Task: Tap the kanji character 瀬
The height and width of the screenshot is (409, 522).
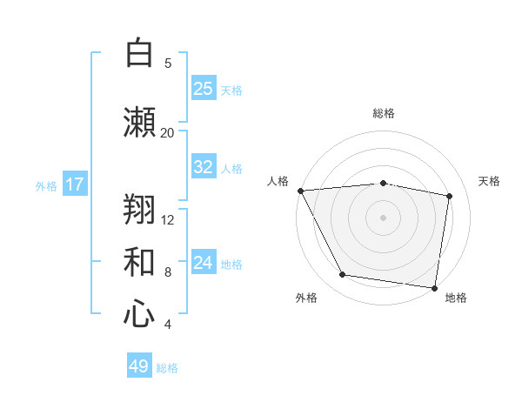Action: (139, 123)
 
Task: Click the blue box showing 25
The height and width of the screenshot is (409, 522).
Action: (204, 88)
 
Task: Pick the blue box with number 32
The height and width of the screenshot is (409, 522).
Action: (204, 167)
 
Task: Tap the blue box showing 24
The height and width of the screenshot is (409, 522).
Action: (204, 263)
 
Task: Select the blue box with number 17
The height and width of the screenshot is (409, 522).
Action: (75, 184)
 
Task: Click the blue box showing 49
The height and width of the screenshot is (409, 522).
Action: (139, 366)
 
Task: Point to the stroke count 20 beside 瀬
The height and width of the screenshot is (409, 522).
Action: (167, 132)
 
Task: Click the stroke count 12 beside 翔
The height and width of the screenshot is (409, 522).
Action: (168, 219)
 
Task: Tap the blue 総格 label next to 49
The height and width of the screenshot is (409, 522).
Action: (168, 368)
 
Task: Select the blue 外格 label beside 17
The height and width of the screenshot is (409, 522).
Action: (46, 185)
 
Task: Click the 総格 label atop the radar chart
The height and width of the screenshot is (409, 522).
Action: (384, 113)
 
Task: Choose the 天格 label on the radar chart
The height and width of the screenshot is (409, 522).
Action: (490, 181)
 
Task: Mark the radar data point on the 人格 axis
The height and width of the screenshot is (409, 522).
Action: (300, 191)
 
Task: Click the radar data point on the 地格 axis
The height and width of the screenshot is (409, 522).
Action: (434, 287)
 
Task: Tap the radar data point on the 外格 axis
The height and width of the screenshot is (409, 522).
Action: (343, 275)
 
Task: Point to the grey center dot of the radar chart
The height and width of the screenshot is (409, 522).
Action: (384, 218)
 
